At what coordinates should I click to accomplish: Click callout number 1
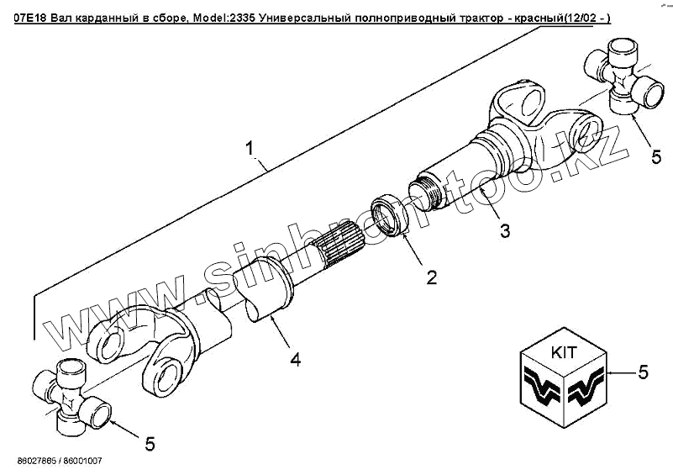tap(250, 148)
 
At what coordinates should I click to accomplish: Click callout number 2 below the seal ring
tap(431, 277)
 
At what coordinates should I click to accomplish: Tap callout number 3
tap(503, 230)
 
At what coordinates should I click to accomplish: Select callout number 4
tap(295, 360)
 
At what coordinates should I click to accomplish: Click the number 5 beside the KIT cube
tap(644, 370)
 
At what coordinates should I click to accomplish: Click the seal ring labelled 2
tap(390, 212)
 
